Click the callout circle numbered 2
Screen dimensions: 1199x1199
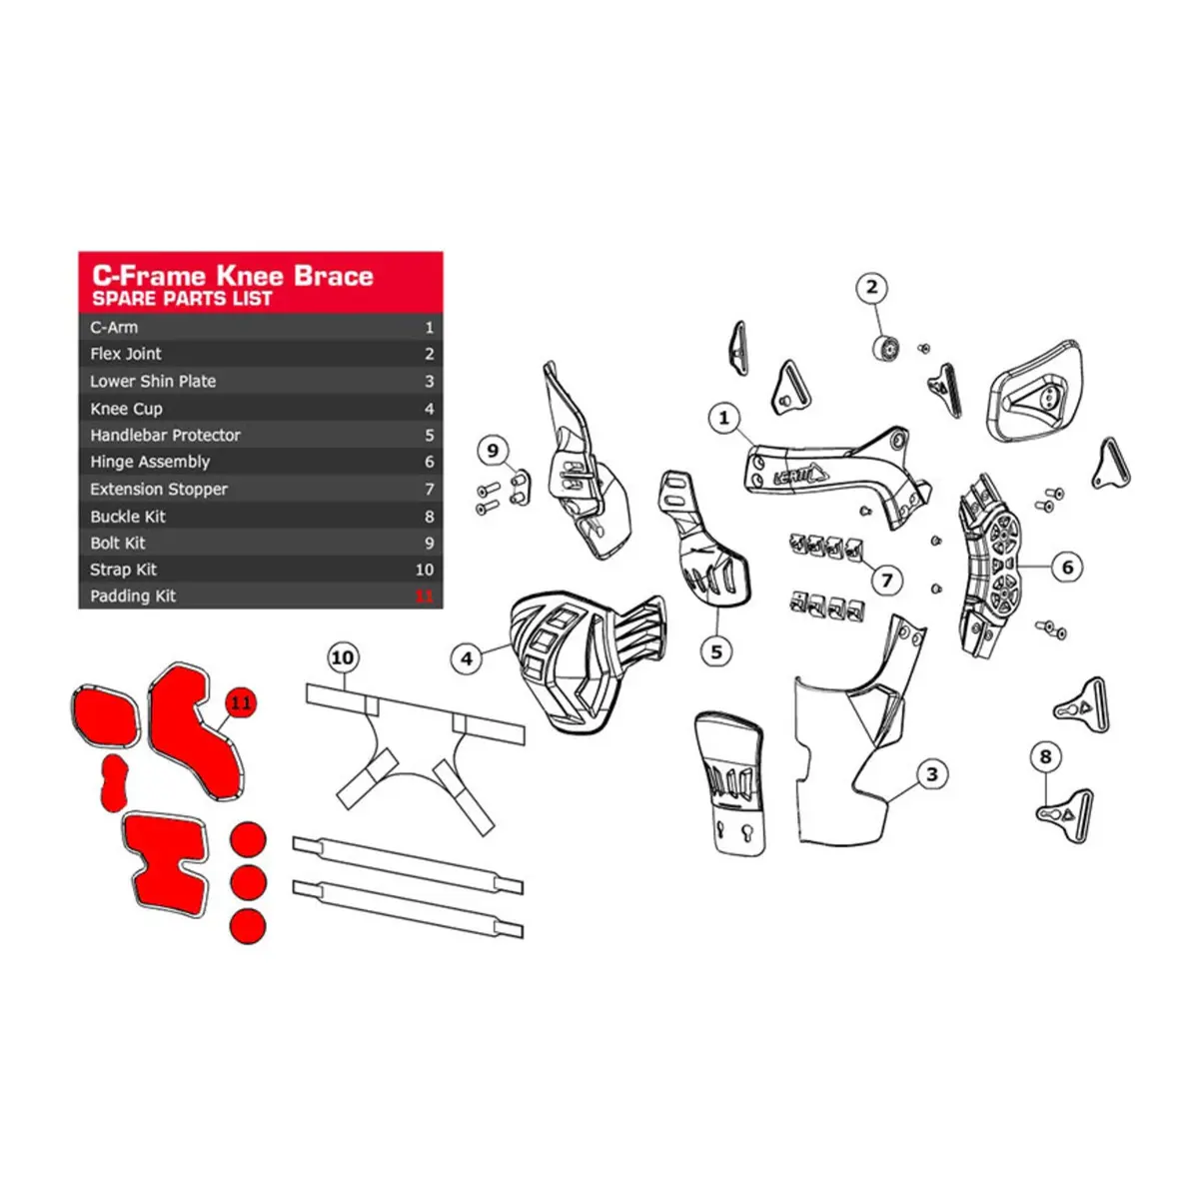pos(871,288)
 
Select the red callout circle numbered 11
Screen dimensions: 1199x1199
pos(241,703)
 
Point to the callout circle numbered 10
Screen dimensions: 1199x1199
pos(343,657)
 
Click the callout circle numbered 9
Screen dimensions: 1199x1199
pos(493,450)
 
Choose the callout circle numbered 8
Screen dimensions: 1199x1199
pos(1045,756)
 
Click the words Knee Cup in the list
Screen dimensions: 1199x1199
pos(126,409)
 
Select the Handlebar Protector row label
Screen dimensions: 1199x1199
pos(165,435)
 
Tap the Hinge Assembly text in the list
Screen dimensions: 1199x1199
pos(150,462)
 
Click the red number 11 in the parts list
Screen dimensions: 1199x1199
pos(424,597)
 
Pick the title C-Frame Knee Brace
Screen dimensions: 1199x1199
pos(233,276)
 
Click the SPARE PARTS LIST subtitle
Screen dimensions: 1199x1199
pos(182,299)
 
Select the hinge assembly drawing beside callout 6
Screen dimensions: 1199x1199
pos(989,567)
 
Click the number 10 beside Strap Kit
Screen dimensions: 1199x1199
pos(425,570)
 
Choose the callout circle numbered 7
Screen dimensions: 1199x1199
pos(886,581)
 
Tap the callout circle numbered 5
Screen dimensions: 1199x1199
pos(716,652)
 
